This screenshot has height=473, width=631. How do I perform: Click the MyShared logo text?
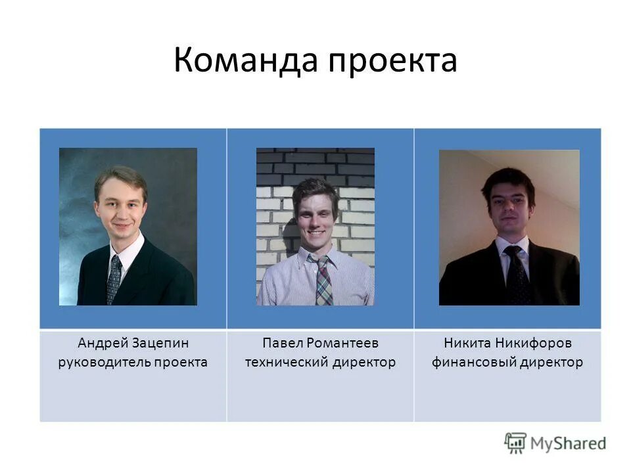[x=568, y=443]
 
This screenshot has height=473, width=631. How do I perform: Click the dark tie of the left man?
[x=114, y=279]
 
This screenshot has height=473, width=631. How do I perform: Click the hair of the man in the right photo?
[x=508, y=179]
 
